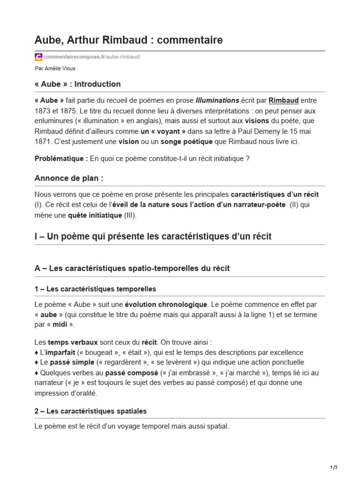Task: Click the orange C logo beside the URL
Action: [x=38, y=57]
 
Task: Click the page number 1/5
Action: [x=334, y=467]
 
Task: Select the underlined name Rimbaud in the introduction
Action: [x=284, y=100]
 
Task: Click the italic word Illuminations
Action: [x=217, y=100]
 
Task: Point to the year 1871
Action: [x=45, y=142]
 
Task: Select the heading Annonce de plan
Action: [x=69, y=178]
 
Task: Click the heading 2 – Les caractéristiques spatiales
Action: [x=90, y=411]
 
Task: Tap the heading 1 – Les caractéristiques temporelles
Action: [x=95, y=289]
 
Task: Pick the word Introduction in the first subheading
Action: [x=97, y=84]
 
